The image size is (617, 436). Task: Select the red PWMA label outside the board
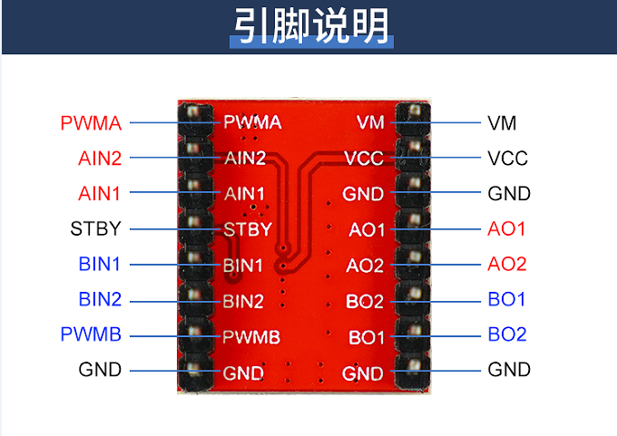click(91, 122)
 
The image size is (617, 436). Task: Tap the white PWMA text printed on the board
click(251, 122)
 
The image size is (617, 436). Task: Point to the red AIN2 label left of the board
click(99, 158)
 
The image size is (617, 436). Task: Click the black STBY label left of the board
click(95, 228)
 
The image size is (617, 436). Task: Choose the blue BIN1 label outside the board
click(99, 265)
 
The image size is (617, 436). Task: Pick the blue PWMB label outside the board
click(91, 334)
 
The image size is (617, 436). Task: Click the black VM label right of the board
click(502, 122)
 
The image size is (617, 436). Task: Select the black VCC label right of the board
click(507, 158)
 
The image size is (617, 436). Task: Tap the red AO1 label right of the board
click(507, 228)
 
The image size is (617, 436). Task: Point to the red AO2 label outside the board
click(507, 265)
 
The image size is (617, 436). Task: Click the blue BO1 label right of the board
click(507, 299)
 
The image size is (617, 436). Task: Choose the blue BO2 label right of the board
click(507, 334)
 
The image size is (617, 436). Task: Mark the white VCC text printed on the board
click(364, 159)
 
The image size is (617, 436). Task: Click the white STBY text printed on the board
click(247, 229)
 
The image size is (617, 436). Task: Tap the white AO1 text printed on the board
click(367, 229)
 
